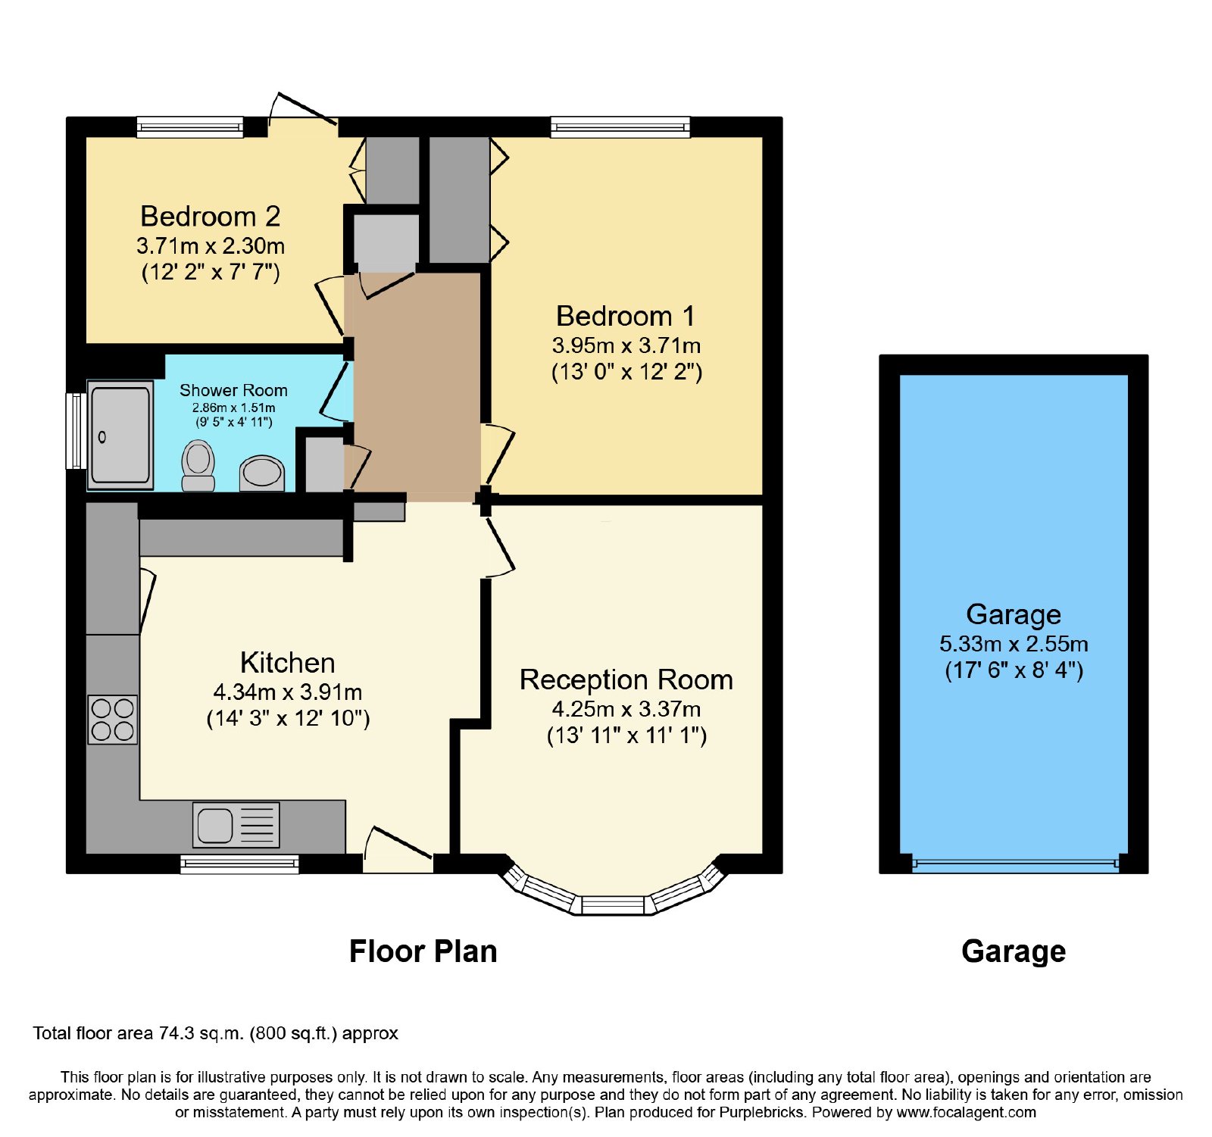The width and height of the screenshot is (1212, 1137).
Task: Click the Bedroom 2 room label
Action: coord(211,217)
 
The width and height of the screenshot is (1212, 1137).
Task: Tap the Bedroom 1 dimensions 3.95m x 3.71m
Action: coord(626,345)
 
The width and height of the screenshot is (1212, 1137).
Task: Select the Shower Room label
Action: coord(233,390)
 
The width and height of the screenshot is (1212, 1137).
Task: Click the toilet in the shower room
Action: coord(198,465)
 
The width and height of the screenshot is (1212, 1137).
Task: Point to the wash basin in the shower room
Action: coord(261,473)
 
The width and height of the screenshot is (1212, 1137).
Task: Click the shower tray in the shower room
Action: coord(121,435)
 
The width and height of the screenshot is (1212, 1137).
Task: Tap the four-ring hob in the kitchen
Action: coord(113,720)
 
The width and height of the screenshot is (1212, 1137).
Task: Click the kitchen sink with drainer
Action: coord(236,824)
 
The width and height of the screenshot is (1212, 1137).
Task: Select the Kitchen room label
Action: coord(288,663)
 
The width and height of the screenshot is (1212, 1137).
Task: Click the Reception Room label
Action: coord(626,679)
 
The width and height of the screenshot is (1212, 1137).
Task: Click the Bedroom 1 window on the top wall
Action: coord(620,127)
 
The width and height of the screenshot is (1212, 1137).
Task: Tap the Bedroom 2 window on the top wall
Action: coord(190,127)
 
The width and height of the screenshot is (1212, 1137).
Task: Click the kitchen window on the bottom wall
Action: coord(239,864)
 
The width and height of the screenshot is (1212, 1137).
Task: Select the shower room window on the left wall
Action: coord(76,430)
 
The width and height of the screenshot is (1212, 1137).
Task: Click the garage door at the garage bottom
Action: coord(1015,864)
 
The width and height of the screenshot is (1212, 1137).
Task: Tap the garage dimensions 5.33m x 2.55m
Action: coord(1014,644)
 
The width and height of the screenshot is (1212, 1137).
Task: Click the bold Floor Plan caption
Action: coord(423,951)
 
